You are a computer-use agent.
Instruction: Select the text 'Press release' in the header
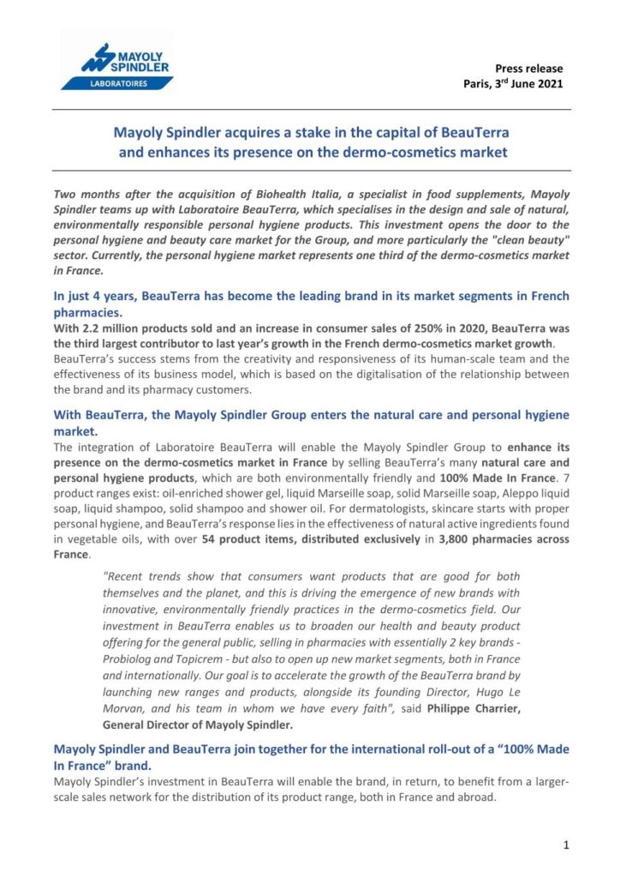tap(529, 69)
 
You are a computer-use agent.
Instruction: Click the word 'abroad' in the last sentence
tap(476, 797)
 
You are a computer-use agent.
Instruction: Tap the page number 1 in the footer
tap(566, 845)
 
